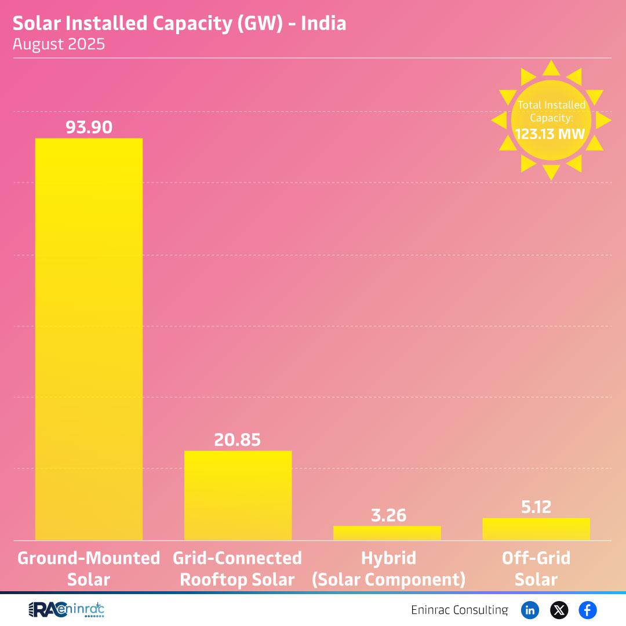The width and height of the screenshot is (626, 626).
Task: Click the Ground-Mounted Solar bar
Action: (x=89, y=339)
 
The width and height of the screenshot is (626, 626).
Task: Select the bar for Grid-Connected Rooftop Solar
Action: (x=238, y=496)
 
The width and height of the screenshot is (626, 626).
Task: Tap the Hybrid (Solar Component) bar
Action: (x=387, y=533)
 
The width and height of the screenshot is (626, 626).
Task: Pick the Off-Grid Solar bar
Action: (x=536, y=529)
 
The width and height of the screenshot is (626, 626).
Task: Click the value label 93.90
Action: (x=89, y=127)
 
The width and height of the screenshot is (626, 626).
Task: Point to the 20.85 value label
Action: (x=238, y=439)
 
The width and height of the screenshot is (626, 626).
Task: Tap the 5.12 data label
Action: (x=536, y=507)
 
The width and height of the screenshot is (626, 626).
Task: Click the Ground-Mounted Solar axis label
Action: (x=89, y=569)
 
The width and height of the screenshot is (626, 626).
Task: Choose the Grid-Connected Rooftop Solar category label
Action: (x=238, y=569)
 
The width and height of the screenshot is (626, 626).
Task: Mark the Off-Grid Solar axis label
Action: (x=536, y=569)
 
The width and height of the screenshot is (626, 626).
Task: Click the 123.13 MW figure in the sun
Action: (x=551, y=134)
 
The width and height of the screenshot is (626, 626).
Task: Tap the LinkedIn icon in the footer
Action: (x=530, y=610)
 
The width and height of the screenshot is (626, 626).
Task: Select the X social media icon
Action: (x=559, y=610)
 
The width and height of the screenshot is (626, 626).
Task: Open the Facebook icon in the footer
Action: (x=587, y=610)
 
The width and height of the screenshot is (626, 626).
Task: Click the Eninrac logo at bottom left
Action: (x=66, y=610)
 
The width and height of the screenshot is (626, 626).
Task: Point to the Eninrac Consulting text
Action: (x=459, y=610)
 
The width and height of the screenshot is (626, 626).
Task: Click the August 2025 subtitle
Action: (x=59, y=44)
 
